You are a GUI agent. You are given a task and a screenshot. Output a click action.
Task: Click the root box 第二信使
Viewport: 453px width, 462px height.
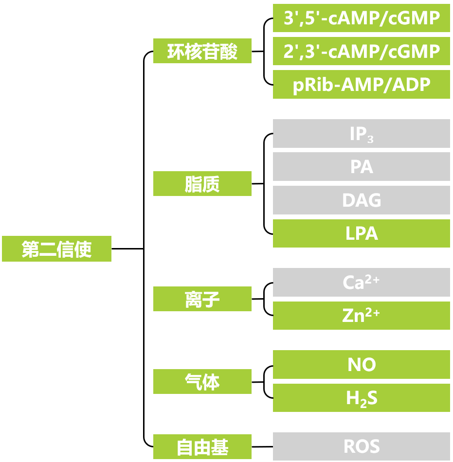point(56,249)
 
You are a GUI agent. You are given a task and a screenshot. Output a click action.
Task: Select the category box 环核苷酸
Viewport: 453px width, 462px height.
point(202,51)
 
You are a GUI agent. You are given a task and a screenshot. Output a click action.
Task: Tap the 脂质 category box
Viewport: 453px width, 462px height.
point(202,184)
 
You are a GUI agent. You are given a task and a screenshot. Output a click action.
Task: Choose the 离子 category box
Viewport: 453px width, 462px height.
point(202,299)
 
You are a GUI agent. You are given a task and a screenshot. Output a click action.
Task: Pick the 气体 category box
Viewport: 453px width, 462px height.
point(202,382)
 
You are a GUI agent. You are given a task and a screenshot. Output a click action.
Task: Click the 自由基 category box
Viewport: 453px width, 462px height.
point(202,446)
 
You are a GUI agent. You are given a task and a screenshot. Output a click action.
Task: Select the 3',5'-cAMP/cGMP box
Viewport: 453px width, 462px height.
point(361,18)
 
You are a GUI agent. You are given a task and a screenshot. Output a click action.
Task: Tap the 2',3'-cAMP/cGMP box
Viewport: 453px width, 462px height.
point(361,51)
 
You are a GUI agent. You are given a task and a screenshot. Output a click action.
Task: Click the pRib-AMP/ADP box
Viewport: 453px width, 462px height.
point(361,85)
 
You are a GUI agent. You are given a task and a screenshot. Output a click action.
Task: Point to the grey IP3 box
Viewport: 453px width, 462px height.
point(361,134)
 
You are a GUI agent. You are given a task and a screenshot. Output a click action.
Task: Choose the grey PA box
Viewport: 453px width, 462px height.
point(361,167)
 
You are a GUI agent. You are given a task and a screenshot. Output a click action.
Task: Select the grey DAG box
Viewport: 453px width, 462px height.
point(361,200)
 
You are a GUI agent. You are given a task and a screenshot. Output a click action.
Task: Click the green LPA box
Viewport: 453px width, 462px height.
point(361,233)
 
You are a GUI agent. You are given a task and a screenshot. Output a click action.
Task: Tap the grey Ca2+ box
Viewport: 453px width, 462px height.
point(361,283)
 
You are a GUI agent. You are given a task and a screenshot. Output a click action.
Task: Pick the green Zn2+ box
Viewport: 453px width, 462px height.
point(361,316)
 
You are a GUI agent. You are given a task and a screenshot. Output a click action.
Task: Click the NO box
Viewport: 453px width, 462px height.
point(361,365)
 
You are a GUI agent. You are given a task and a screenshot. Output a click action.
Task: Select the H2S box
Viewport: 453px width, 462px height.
point(361,398)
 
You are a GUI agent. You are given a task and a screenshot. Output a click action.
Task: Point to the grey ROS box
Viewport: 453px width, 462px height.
point(361,446)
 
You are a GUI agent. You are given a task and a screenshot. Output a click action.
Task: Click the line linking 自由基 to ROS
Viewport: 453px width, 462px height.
point(262,446)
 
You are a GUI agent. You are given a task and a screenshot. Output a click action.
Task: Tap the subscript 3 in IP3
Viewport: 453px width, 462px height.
point(370,139)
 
